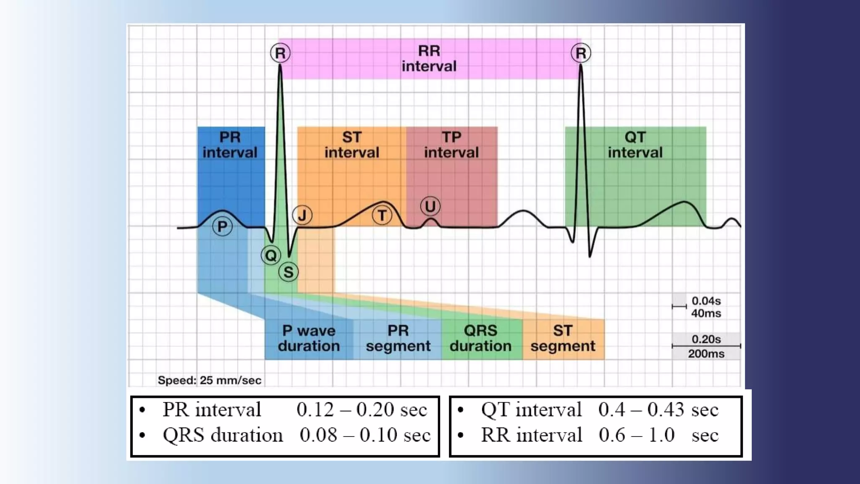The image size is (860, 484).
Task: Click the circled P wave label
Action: pyautogui.click(x=222, y=226)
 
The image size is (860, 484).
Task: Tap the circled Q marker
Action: pyautogui.click(x=271, y=255)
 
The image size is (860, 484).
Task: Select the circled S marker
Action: pyautogui.click(x=288, y=272)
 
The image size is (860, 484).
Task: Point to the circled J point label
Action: pyautogui.click(x=302, y=215)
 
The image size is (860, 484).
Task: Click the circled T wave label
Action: pyautogui.click(x=382, y=216)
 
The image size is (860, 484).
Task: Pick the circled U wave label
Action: pyautogui.click(x=430, y=206)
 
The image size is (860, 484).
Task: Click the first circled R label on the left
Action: pyautogui.click(x=280, y=53)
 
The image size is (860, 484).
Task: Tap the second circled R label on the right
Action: pyautogui.click(x=581, y=53)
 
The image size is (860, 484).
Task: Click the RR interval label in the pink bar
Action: pyautogui.click(x=429, y=59)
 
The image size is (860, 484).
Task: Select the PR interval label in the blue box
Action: pyautogui.click(x=230, y=145)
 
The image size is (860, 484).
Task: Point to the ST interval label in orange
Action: pyautogui.click(x=351, y=145)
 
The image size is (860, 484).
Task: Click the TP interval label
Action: pyautogui.click(x=451, y=145)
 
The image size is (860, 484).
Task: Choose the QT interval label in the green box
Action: pyautogui.click(x=635, y=145)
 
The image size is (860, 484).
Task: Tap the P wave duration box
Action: pyautogui.click(x=309, y=339)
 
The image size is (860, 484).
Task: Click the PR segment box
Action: pyautogui.click(x=398, y=339)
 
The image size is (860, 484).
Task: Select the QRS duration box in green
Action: pyautogui.click(x=481, y=339)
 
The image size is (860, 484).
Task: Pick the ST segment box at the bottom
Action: pyautogui.click(x=563, y=339)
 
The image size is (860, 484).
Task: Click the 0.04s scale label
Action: pyautogui.click(x=706, y=301)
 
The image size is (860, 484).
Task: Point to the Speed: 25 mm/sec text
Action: pyautogui.click(x=210, y=380)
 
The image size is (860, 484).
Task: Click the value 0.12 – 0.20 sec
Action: pyautogui.click(x=362, y=410)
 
